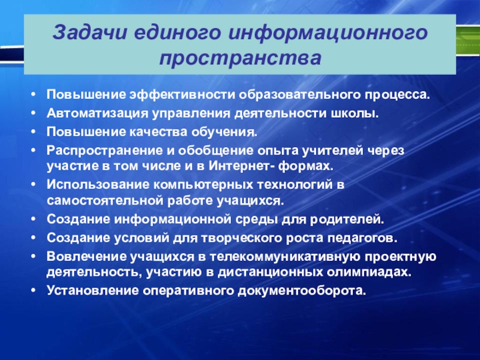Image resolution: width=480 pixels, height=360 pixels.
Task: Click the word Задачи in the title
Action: pos(89,32)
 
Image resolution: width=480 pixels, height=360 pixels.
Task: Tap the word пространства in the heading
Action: pos(241,58)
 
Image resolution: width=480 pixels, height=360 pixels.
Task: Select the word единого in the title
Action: pos(177,33)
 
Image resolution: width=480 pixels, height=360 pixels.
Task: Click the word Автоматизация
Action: pos(97,114)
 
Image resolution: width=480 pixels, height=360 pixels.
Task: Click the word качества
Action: pos(157,132)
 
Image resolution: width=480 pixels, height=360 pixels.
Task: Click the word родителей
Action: pos(347,220)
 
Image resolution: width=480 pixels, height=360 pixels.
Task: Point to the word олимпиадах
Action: pos(369,272)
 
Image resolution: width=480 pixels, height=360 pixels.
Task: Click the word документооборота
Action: pos(302,290)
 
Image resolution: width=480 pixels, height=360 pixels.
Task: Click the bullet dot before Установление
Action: pos(34,290)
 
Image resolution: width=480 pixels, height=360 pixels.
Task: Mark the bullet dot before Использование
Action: pos(34,185)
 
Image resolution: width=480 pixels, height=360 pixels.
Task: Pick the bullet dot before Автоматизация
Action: pos(34,113)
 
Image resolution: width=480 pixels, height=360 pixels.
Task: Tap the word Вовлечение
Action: pos(86,257)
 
